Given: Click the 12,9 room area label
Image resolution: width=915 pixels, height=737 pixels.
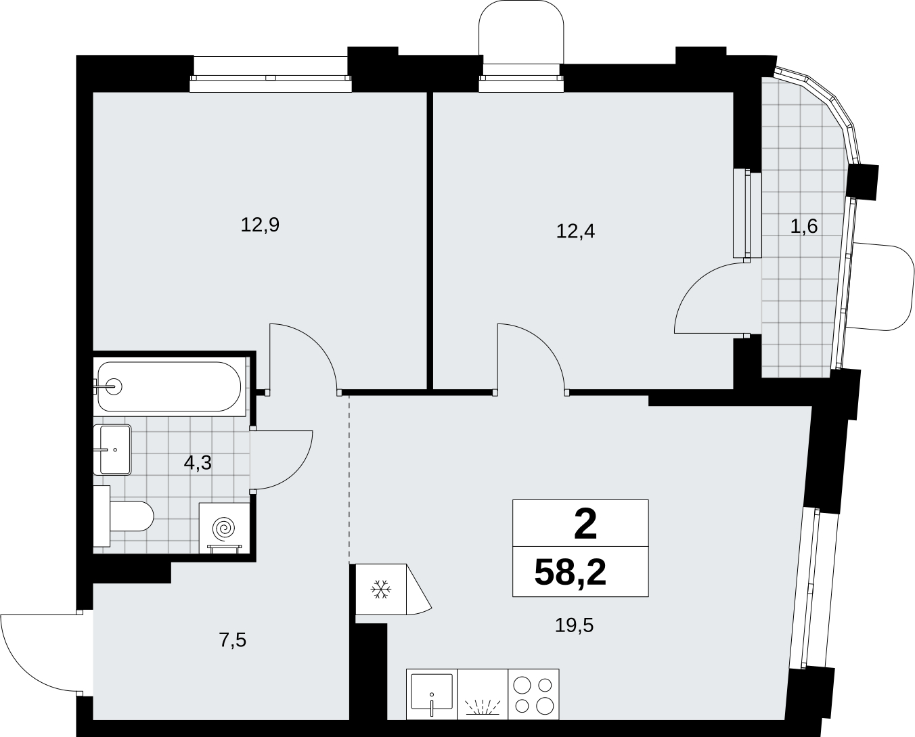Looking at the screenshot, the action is tap(260, 225).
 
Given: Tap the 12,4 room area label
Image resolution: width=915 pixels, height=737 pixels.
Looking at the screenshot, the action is tap(575, 231).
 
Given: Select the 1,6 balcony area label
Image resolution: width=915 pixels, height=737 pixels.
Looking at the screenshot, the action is tap(803, 227).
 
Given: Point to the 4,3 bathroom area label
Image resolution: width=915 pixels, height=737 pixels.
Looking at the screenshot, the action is tap(198, 463).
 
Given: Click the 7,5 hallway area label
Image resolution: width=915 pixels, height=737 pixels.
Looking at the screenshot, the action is tap(233, 640).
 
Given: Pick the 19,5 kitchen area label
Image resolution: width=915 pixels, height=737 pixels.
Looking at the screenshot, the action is tap(574, 625).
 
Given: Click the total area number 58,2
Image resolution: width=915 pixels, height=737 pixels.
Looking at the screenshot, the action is tap(570, 573).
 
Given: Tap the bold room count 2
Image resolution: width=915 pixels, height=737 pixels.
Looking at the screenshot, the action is tap(585, 525).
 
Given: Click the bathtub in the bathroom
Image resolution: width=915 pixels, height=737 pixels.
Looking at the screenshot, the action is tap(169, 386).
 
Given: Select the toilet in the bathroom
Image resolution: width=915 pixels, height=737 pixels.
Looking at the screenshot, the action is tap(123, 516).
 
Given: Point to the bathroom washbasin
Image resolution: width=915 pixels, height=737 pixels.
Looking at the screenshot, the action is tap(112, 449).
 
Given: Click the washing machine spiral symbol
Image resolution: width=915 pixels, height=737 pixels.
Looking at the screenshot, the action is tap(224, 528).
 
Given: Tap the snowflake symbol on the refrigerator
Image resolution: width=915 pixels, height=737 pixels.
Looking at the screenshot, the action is tap(381, 589).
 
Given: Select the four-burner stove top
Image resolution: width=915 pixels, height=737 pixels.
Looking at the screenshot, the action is tap(533, 694).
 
